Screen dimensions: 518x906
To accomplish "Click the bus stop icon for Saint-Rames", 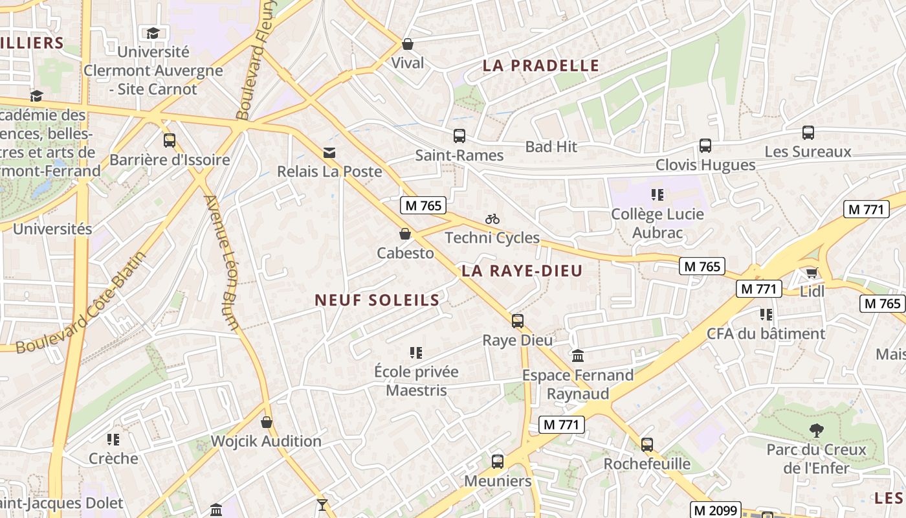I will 459,136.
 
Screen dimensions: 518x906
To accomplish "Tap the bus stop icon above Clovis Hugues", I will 705,146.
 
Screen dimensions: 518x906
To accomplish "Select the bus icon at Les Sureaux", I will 808,133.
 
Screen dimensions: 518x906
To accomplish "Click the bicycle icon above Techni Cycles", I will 492,219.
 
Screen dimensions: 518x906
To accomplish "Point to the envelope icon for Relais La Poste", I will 329,153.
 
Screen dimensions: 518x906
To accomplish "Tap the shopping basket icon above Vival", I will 408,44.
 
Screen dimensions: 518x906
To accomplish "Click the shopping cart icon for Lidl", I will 812,273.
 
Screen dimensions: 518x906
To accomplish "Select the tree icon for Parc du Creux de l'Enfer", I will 816,430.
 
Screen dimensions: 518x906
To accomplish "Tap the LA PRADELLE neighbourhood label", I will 541,65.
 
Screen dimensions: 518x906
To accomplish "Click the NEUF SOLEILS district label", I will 377,300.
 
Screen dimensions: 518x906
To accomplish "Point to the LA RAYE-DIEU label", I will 522,271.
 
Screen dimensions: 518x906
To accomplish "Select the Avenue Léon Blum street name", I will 223,263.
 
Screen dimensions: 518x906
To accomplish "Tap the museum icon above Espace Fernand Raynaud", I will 578,355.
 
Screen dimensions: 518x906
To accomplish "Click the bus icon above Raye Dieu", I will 518,321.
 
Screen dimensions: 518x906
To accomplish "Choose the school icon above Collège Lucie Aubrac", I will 658,194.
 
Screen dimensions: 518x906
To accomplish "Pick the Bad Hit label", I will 551,147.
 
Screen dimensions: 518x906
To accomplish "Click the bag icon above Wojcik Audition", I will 267,423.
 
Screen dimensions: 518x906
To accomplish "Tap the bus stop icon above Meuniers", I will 498,462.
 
